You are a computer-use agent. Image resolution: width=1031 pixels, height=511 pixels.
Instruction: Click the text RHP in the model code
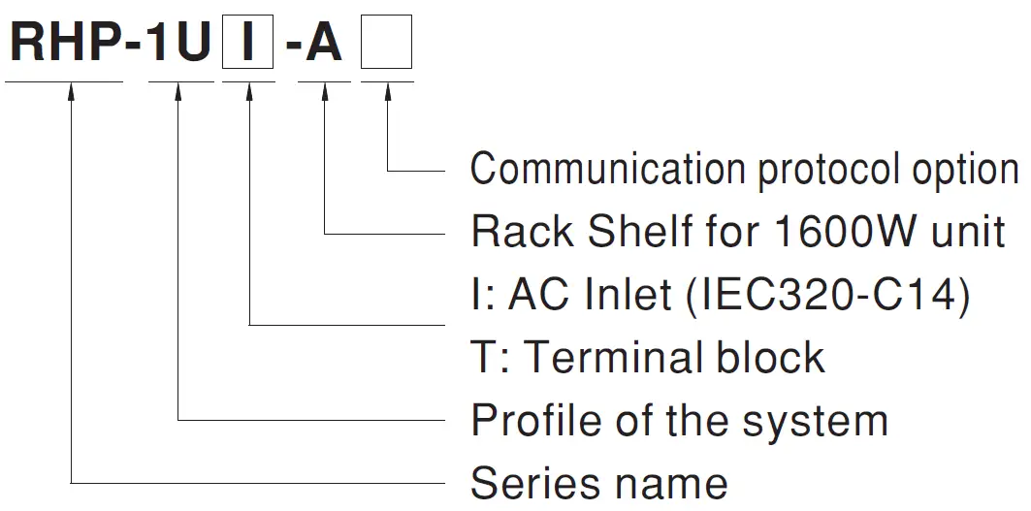[x=66, y=44]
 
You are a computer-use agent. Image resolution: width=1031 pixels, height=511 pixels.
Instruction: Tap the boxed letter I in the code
[x=248, y=45]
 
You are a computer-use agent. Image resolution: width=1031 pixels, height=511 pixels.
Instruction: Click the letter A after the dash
[x=323, y=44]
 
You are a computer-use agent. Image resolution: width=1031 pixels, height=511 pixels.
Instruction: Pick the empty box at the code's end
[x=386, y=45]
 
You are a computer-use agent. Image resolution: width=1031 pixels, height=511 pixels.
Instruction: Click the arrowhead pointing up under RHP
[x=73, y=92]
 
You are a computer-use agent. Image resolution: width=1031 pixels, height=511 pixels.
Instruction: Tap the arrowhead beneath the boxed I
[x=250, y=92]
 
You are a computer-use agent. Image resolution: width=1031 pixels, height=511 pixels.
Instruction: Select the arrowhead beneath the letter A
[x=324, y=92]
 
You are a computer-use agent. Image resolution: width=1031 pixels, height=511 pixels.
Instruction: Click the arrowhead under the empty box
[x=388, y=92]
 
